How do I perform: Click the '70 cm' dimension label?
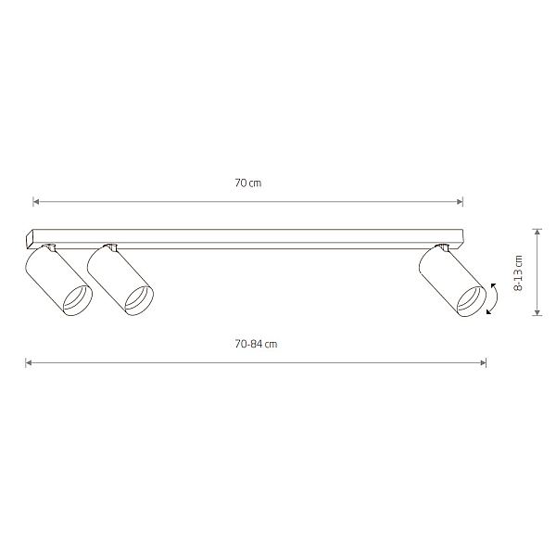247,183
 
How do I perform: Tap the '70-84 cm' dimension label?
256,344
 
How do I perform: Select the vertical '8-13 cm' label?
518,273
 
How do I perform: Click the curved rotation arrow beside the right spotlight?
496,298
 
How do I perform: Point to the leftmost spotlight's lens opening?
78,300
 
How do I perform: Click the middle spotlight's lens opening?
139,300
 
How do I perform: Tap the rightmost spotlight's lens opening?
472,301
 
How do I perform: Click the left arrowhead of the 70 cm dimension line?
36,202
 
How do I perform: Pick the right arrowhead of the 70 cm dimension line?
460,202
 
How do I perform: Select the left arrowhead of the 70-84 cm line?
29,362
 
